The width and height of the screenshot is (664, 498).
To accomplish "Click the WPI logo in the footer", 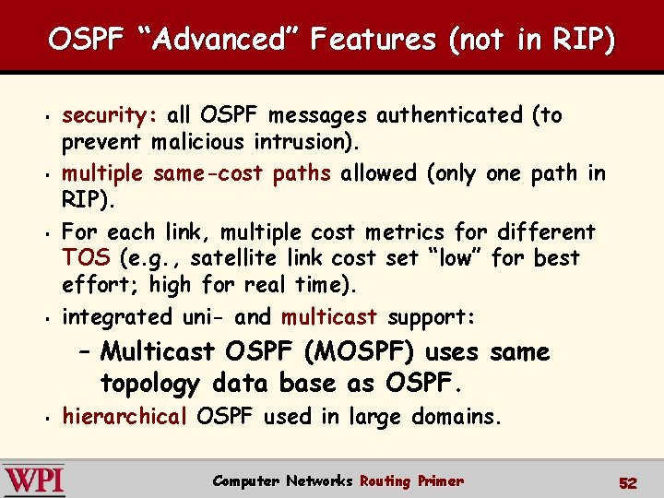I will tap(34, 480).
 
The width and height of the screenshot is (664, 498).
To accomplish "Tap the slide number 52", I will tap(628, 482).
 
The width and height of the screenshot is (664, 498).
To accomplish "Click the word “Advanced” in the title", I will tap(208, 39).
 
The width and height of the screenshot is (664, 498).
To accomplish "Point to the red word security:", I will tap(111, 115).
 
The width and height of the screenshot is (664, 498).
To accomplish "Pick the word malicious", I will tap(197, 143).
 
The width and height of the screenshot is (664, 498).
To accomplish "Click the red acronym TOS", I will tap(85, 258).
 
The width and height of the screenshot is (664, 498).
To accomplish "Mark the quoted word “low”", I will tap(453, 258).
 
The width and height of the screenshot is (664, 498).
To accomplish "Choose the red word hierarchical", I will tap(125, 417).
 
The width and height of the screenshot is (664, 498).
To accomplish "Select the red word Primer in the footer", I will tap(440, 480).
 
